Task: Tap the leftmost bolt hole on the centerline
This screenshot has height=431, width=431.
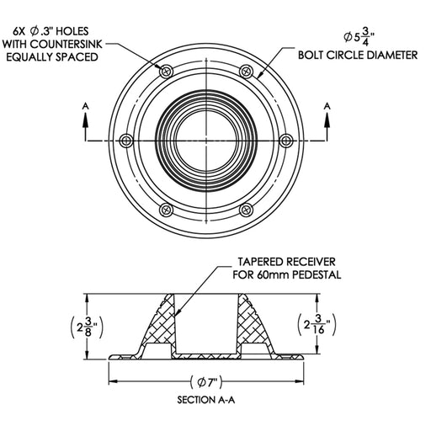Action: [x=126, y=139]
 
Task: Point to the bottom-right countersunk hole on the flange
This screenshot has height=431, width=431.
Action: [x=246, y=208]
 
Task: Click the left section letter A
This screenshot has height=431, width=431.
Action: [x=85, y=108]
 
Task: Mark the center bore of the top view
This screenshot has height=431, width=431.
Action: [x=207, y=139]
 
